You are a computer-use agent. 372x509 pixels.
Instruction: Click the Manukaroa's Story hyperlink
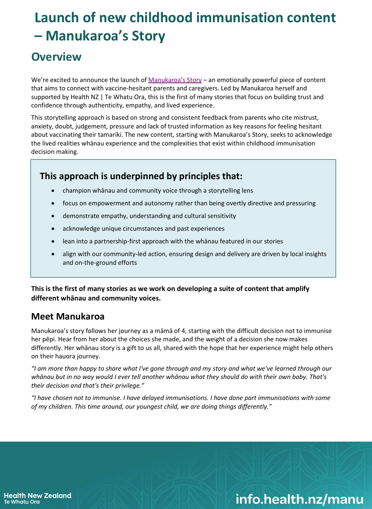click(175, 80)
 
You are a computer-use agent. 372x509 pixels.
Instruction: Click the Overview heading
click(56, 57)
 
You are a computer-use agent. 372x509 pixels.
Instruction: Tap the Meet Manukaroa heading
click(68, 316)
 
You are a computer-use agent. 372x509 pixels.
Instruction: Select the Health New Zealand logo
click(38, 498)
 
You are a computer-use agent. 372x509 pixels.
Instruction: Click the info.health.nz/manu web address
click(299, 499)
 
